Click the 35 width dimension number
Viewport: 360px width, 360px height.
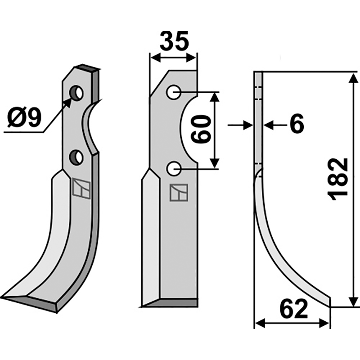pos(174,41)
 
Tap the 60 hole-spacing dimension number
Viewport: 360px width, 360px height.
pos(201,129)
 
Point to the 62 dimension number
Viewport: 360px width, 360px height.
pos(294,309)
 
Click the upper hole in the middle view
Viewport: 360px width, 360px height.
pos(174,92)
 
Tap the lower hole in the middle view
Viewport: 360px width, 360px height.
pos(174,168)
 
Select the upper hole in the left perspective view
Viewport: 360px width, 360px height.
pos(77,93)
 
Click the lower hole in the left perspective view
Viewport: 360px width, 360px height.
pos(76,157)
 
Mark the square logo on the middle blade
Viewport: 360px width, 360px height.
pos(179,193)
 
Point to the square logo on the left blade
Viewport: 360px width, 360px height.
pos(81,189)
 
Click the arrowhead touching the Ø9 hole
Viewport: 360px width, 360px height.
pos(68,103)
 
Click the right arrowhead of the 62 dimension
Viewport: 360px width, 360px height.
pos(324,324)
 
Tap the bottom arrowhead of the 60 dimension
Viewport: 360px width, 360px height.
pos(215,163)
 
